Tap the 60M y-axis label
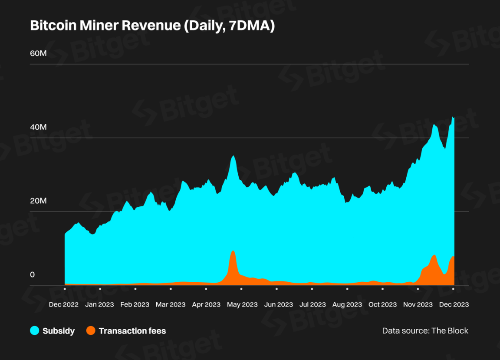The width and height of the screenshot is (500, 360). point(38,53)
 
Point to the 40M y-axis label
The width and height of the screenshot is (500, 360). point(38,127)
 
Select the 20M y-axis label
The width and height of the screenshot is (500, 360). point(38,201)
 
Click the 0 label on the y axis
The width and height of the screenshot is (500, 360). point(32,275)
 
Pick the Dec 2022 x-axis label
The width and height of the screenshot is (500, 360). point(64,305)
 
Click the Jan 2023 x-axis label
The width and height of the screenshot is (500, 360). point(99,305)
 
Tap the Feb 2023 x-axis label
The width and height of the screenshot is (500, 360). point(135,305)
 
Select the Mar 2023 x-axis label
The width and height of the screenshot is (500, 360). point(170,305)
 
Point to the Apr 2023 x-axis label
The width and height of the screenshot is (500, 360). point(206,305)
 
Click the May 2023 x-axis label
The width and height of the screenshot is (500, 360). point(242,305)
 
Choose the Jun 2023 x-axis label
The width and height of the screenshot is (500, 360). point(278,305)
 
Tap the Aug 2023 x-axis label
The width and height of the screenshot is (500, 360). point(347,305)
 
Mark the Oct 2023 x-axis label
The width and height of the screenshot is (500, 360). point(382,305)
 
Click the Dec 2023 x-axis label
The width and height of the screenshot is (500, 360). point(454,305)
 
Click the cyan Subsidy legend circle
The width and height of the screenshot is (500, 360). point(35,331)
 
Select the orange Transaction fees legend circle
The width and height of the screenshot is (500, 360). point(91,331)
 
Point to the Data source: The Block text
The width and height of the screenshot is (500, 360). point(425,331)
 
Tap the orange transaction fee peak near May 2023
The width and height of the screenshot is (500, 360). point(233,256)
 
